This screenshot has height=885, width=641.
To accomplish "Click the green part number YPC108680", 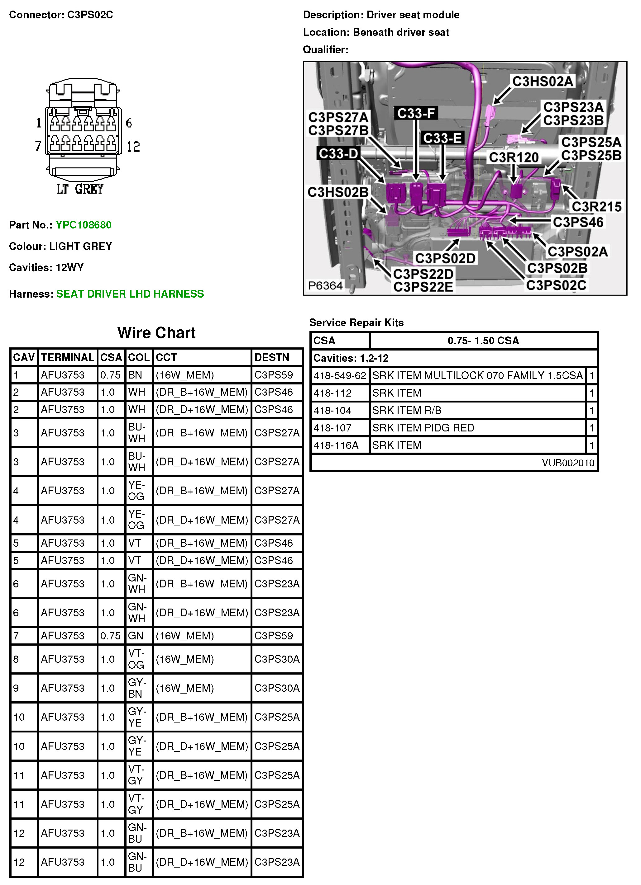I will pyautogui.click(x=83, y=225).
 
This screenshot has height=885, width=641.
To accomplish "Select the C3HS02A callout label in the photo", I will pyautogui.click(x=542, y=82).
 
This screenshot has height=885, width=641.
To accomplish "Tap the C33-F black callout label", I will pyautogui.click(x=416, y=113).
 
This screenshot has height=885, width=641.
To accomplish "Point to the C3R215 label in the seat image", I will pyautogui.click(x=596, y=206).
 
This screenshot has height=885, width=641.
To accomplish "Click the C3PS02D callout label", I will pyautogui.click(x=445, y=258).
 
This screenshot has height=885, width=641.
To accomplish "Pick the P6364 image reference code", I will pyautogui.click(x=325, y=286).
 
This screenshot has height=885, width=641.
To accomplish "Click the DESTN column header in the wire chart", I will pyautogui.click(x=272, y=357).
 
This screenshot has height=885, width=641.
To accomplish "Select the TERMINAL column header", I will pyautogui.click(x=68, y=357).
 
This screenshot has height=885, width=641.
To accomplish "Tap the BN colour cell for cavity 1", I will pyautogui.click(x=135, y=375).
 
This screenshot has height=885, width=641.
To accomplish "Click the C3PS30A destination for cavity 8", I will pyautogui.click(x=276, y=659).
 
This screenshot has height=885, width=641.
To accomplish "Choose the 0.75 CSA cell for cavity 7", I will pyautogui.click(x=111, y=636).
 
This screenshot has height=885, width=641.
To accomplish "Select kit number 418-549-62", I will pyautogui.click(x=339, y=376).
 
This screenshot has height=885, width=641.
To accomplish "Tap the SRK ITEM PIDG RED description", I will pyautogui.click(x=423, y=428).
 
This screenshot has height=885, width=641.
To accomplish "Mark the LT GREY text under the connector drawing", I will pyautogui.click(x=80, y=189).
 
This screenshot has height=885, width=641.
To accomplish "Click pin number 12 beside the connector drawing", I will pyautogui.click(x=133, y=147).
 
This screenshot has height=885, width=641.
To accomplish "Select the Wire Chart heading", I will pyautogui.click(x=156, y=333).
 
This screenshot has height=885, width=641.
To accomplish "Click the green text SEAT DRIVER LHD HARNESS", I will pyautogui.click(x=130, y=294).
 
